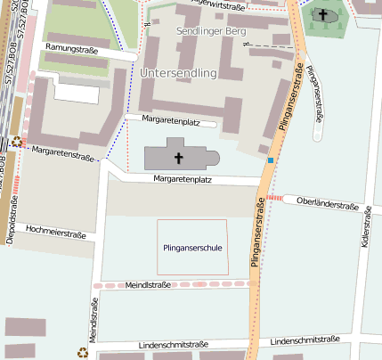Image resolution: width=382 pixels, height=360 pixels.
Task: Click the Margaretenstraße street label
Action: (x=62, y=153)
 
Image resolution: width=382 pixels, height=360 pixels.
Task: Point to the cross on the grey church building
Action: (x=178, y=159)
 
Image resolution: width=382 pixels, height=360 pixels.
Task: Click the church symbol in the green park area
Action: (x=323, y=14)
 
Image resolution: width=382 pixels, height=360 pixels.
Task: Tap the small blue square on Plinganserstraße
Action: (x=270, y=160)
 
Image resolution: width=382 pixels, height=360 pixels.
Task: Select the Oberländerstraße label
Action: (x=327, y=203)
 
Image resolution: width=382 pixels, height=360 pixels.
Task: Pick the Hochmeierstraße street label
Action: (x=55, y=234)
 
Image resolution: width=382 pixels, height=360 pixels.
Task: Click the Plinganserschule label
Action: (x=193, y=247)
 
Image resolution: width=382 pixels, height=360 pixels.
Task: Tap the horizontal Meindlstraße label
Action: (x=148, y=284)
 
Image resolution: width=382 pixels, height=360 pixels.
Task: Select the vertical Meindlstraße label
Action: (x=93, y=323)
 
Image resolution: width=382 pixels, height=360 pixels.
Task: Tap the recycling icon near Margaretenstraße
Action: (x=17, y=141)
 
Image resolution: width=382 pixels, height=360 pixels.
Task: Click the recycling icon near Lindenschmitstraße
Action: (x=82, y=352)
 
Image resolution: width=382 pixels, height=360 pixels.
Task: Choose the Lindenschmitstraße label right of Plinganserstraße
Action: (x=305, y=341)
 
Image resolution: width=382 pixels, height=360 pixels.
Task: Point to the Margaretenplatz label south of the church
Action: (x=182, y=179)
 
